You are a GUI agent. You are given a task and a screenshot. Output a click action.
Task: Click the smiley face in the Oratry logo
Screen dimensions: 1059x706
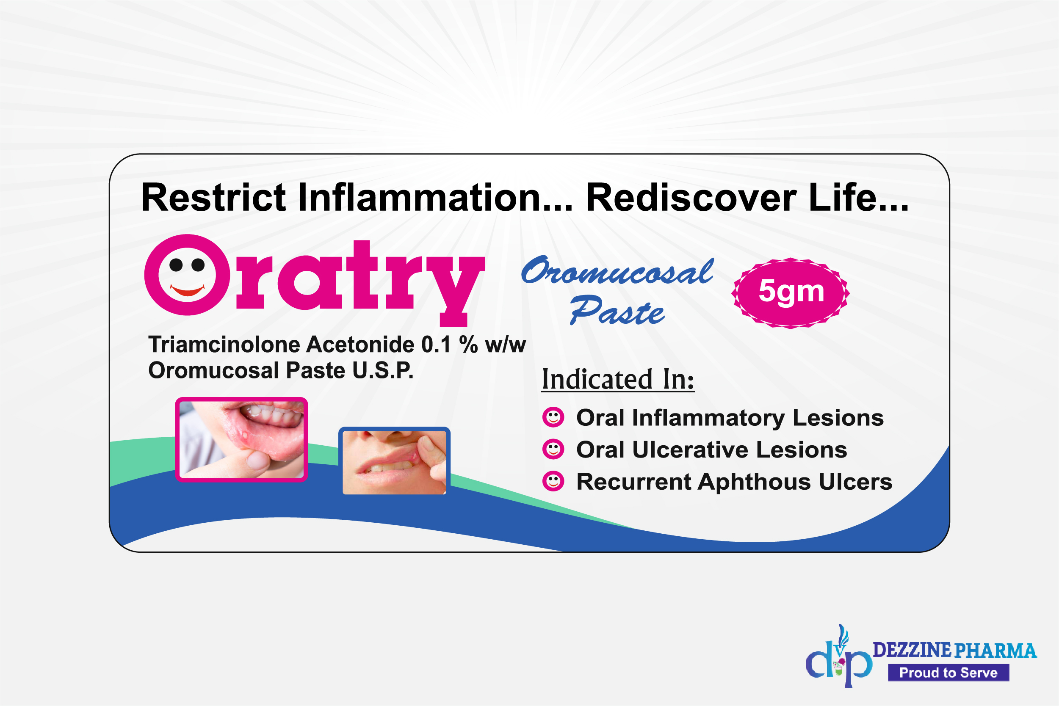click(187, 275)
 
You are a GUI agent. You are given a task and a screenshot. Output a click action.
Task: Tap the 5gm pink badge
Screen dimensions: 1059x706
click(791, 292)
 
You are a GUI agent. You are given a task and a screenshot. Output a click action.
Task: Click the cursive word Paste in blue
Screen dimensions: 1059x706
click(617, 311)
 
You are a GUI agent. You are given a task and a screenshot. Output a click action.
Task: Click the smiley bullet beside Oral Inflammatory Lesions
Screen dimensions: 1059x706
click(553, 417)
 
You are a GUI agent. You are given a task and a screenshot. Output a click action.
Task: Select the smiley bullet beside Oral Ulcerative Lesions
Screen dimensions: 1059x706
click(553, 450)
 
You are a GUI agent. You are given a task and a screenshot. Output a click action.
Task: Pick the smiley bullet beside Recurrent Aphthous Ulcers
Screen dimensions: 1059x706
click(553, 481)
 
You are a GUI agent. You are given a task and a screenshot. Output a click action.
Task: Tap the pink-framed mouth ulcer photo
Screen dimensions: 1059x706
click(241, 439)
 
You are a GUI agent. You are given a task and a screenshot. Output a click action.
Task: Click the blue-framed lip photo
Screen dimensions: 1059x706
click(394, 461)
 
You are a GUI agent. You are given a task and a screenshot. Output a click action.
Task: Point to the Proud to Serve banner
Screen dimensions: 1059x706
click(948, 673)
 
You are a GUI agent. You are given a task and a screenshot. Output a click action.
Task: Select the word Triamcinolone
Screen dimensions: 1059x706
click(224, 345)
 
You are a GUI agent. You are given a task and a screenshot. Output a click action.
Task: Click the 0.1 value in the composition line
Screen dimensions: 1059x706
click(436, 345)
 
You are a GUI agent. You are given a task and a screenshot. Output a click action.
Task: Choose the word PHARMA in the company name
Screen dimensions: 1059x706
click(996, 650)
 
